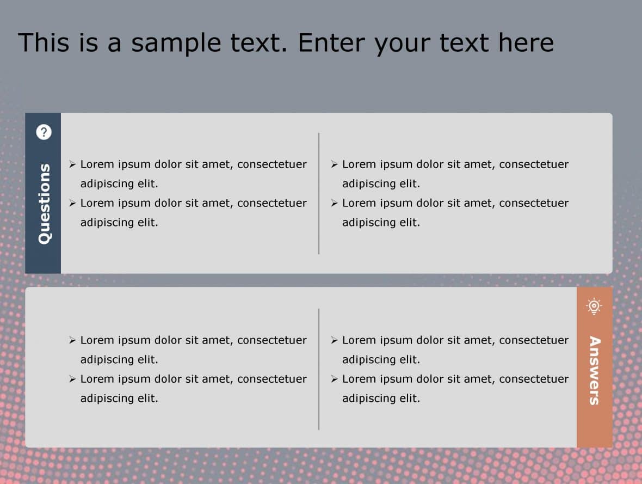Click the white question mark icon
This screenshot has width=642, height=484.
(x=44, y=132)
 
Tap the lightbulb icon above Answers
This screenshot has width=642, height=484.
(x=594, y=307)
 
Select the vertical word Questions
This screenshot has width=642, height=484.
(x=44, y=203)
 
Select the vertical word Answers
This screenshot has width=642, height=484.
(x=594, y=370)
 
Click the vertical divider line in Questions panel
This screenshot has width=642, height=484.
(x=319, y=193)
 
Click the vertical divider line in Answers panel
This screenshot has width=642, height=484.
(x=319, y=369)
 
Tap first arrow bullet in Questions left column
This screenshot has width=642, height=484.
(x=72, y=164)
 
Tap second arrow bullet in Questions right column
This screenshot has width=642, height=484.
(x=334, y=203)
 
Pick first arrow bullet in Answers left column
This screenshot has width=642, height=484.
(x=72, y=340)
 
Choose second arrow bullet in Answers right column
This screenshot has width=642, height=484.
(x=334, y=379)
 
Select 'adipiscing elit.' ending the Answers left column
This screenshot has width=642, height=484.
(x=119, y=398)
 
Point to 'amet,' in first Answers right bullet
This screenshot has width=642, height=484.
(x=479, y=340)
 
